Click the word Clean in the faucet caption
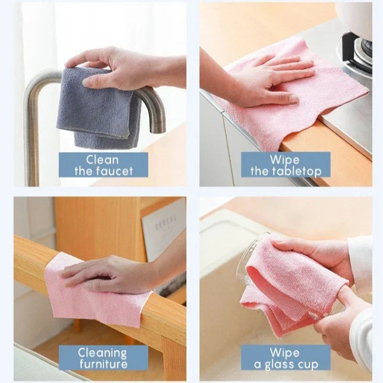103,159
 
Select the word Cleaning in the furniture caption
103,353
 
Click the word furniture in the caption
103,364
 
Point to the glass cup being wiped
249,263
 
